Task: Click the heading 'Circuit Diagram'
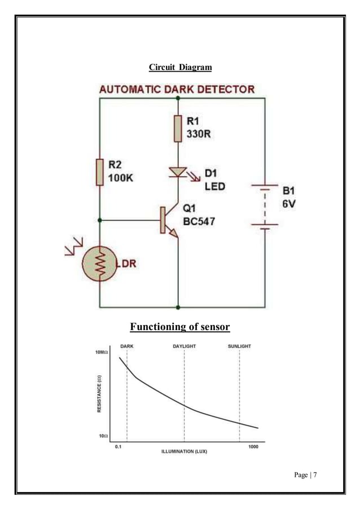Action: (x=180, y=68)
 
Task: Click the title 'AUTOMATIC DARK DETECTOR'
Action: (x=177, y=90)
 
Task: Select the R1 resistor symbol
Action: (x=178, y=128)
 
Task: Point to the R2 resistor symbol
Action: (x=99, y=172)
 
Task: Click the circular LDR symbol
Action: (x=99, y=264)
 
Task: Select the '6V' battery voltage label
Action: (x=289, y=203)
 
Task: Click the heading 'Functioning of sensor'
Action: (x=180, y=327)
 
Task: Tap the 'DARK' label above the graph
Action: (x=127, y=346)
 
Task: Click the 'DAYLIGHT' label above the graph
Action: (x=184, y=346)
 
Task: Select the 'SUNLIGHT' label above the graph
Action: (x=239, y=346)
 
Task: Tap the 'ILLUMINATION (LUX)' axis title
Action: (x=184, y=452)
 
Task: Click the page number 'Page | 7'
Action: (x=305, y=475)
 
